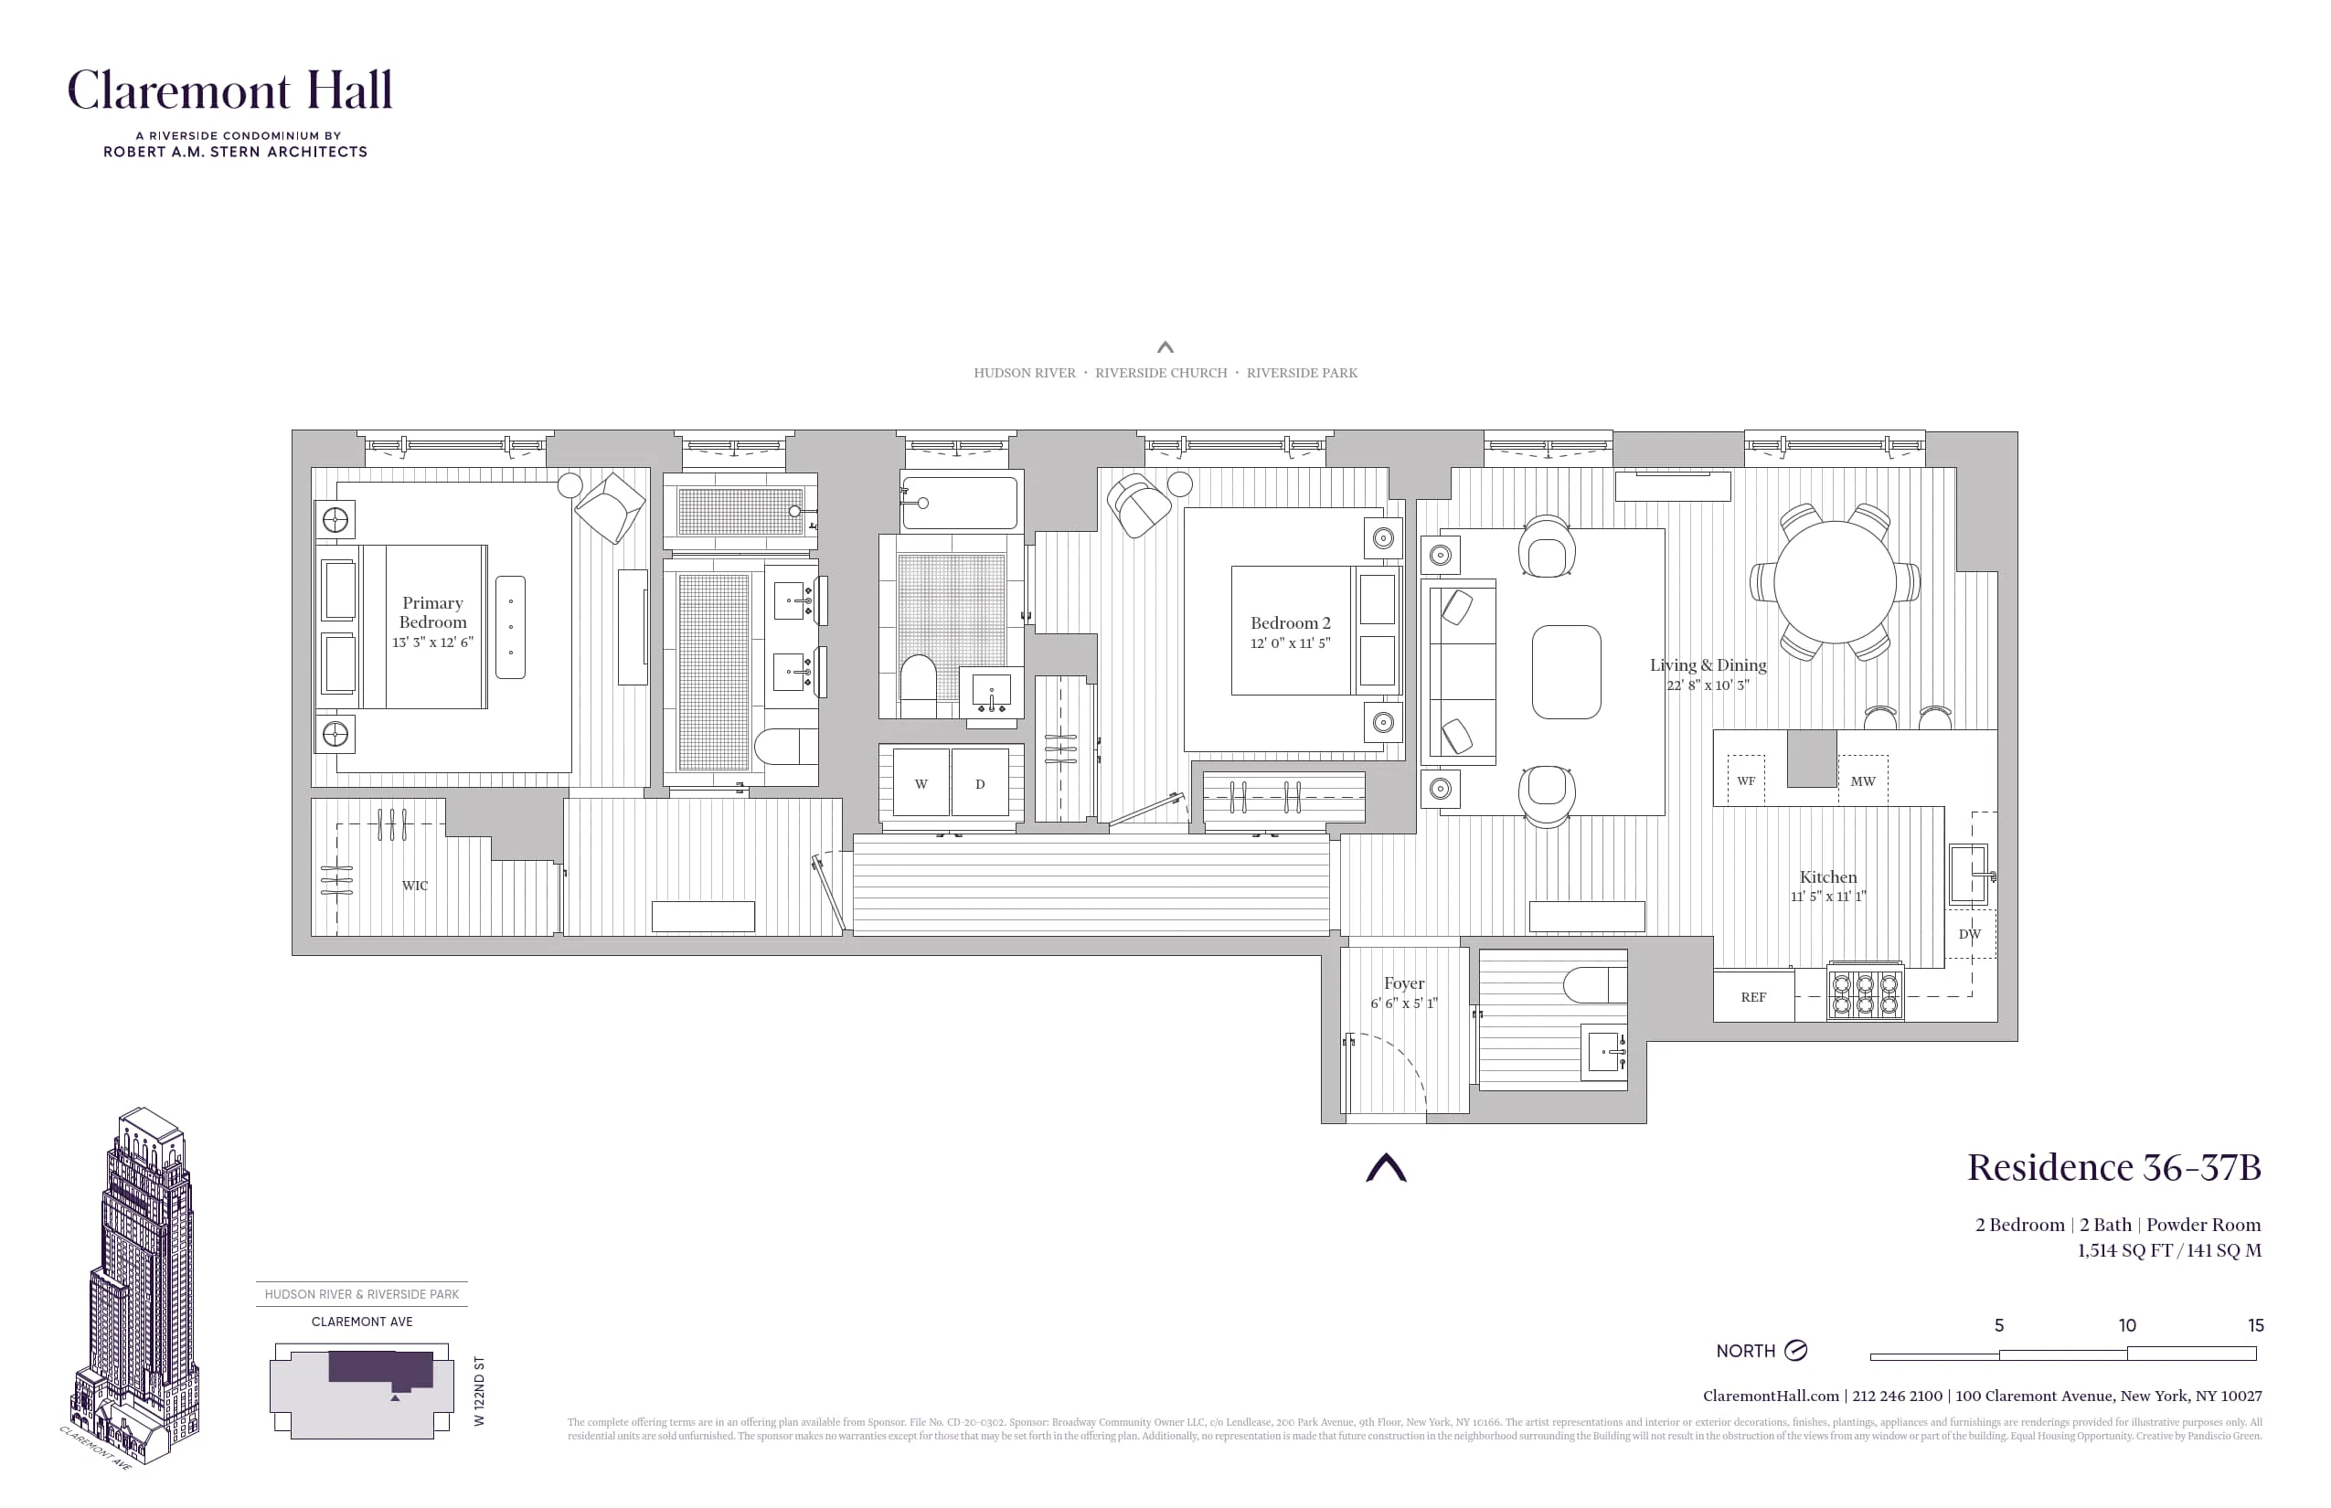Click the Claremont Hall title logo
pyautogui.click(x=229, y=90)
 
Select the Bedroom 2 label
pyautogui.click(x=1290, y=623)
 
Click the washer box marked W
pyautogui.click(x=921, y=783)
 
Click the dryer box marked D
pyautogui.click(x=979, y=783)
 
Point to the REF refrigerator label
pyautogui.click(x=1753, y=998)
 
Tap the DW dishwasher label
pyautogui.click(x=1969, y=934)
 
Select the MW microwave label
pyautogui.click(x=1862, y=781)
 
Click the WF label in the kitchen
pyautogui.click(x=1745, y=781)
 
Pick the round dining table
pyautogui.click(x=1835, y=581)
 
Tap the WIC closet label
pyautogui.click(x=414, y=886)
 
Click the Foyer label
pyautogui.click(x=1403, y=983)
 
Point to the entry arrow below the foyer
pyautogui.click(x=1386, y=1168)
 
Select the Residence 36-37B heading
pyautogui.click(x=2113, y=1167)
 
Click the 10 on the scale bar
pyautogui.click(x=2126, y=1325)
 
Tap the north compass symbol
pyautogui.click(x=1795, y=1351)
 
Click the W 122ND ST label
pyautogui.click(x=479, y=1390)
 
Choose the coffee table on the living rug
pyautogui.click(x=1566, y=672)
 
